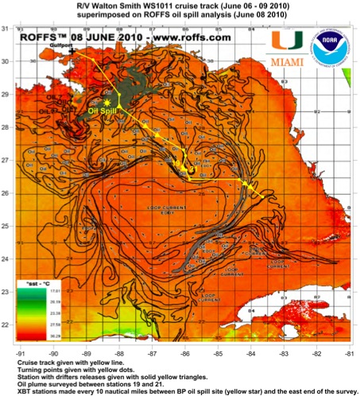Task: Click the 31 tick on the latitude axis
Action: (x=7, y=29)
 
